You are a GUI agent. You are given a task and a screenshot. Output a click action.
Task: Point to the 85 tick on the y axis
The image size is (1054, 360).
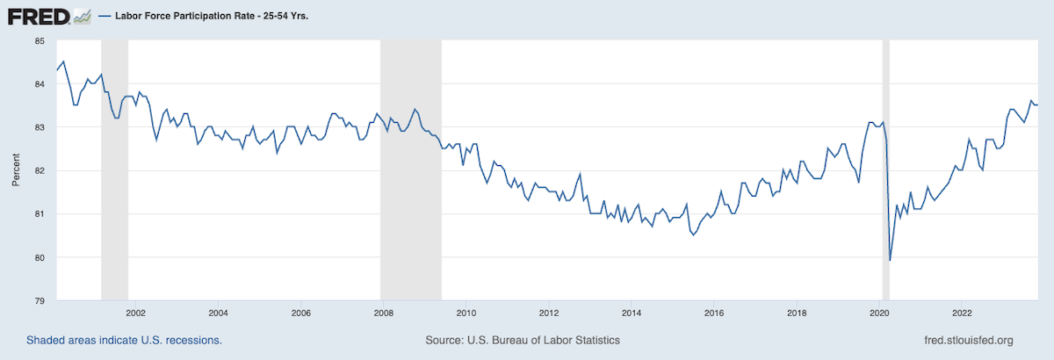point(40,40)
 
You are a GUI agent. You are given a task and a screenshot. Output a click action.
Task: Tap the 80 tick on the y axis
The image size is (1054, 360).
point(40,257)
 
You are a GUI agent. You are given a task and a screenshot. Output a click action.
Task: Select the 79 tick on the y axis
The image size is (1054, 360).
point(40,301)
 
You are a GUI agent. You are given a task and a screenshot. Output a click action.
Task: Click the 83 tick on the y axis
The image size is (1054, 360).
point(40,127)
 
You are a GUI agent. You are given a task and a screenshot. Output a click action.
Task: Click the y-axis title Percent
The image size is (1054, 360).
point(16,170)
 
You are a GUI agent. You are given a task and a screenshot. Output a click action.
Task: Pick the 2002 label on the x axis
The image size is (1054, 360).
point(135,313)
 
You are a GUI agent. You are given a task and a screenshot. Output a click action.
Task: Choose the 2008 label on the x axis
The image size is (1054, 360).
point(383,313)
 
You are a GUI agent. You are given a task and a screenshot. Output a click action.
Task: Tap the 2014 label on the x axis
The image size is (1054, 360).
point(632,313)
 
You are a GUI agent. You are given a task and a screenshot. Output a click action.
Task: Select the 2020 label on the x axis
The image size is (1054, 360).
point(880,313)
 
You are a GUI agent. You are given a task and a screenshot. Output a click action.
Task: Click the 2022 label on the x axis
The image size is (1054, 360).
point(963,313)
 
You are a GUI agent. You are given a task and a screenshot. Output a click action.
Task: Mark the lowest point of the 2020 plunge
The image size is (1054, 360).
point(890,261)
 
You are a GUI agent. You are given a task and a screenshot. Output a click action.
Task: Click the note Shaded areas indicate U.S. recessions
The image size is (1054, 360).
point(124,340)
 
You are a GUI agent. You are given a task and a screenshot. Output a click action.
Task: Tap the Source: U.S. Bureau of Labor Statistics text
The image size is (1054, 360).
point(523,340)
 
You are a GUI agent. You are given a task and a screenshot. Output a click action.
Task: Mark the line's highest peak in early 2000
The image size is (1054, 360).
point(63,61)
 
